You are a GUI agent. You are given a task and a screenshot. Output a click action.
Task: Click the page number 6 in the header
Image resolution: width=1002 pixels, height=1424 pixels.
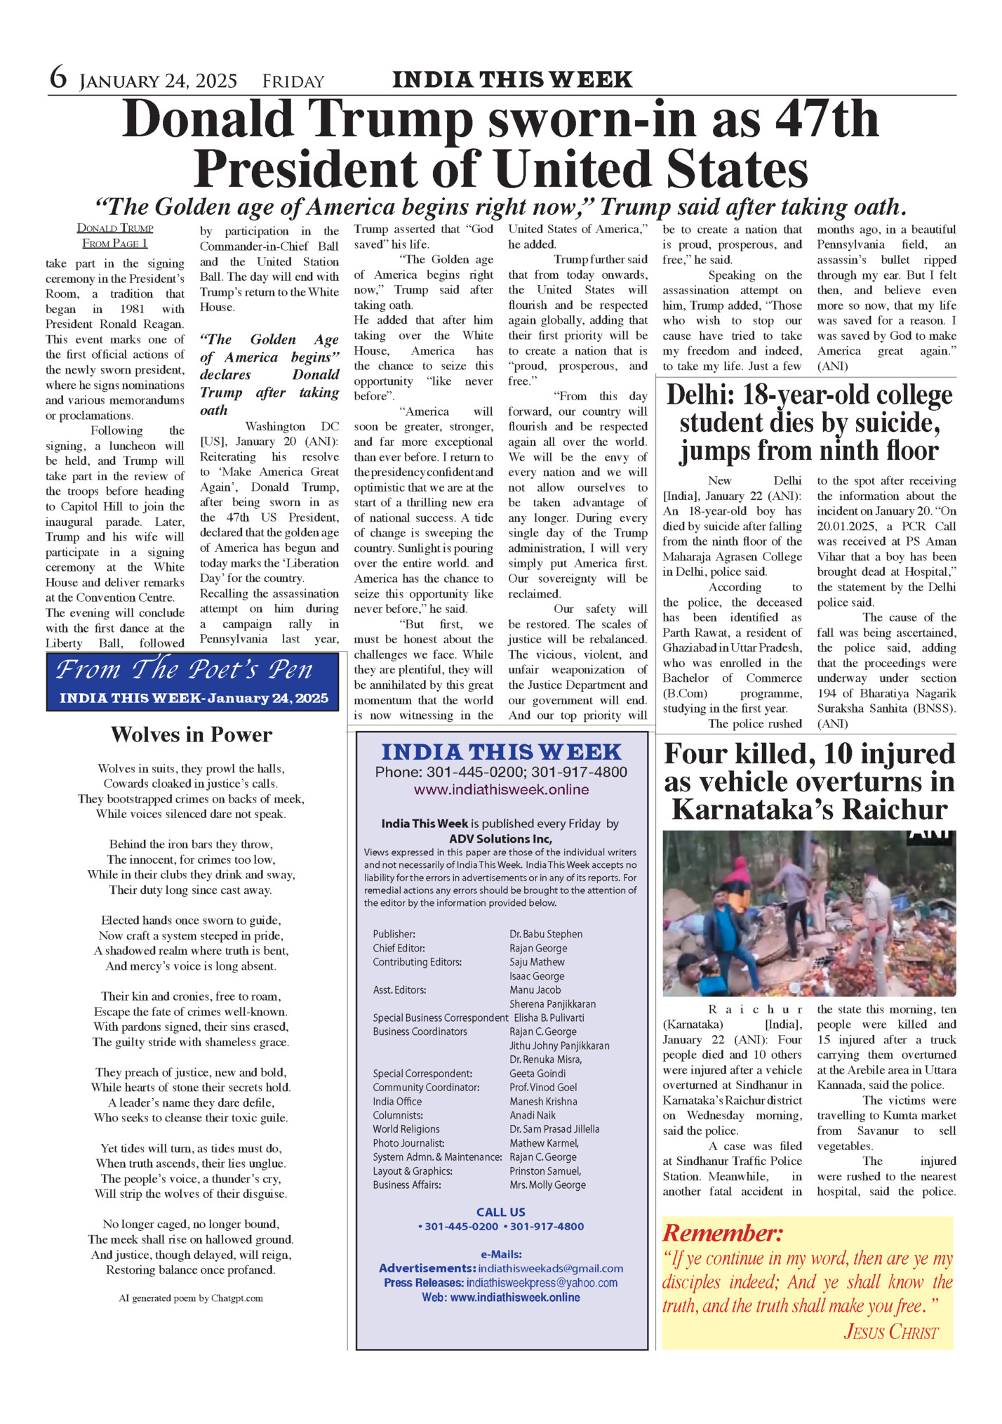[x=58, y=78]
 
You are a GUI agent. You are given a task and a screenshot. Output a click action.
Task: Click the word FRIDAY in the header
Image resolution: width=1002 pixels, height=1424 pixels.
[x=293, y=82]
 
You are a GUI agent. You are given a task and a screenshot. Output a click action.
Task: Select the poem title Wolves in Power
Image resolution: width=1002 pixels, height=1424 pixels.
[x=191, y=734]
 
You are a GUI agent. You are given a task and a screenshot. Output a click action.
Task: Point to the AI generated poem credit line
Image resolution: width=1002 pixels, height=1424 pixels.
[x=191, y=1298]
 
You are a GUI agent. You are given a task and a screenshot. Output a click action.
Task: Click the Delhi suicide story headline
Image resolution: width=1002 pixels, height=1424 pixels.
[x=808, y=423]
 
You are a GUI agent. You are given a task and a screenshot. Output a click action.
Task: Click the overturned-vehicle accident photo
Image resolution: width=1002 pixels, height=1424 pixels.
[x=808, y=913]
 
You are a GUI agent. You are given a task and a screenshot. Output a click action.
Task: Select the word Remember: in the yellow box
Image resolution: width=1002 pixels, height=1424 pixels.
[x=722, y=1232]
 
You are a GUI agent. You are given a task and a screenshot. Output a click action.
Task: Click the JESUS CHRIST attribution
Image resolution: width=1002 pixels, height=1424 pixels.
[x=890, y=1331]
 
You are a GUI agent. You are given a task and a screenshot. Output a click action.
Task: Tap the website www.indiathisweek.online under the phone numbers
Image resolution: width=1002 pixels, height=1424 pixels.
[x=501, y=790]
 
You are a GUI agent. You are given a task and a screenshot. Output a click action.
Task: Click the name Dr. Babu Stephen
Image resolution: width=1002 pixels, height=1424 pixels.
[x=546, y=934]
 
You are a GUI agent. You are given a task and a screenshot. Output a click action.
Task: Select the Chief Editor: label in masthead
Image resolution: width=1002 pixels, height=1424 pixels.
[x=399, y=948]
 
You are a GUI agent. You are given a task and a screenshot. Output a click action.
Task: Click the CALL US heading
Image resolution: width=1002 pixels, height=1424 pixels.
[x=500, y=1212]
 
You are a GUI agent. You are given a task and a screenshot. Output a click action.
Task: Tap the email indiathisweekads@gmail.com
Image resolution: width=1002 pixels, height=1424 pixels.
[x=550, y=1268]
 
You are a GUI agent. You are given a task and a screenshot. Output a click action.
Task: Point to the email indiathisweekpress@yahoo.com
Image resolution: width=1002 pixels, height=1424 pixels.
[x=542, y=1283]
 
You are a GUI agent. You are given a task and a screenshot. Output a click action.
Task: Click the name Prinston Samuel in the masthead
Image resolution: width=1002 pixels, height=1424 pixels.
[x=545, y=1171]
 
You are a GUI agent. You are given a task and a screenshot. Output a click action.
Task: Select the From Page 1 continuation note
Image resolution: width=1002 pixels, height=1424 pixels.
[x=115, y=243]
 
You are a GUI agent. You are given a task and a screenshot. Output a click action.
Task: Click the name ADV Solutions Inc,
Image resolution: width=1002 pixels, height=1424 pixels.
[x=500, y=838]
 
